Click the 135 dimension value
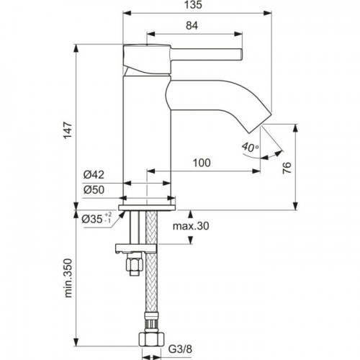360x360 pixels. coord(193,5)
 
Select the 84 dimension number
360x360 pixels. coord(192,25)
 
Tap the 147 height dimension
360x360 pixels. coord(68,130)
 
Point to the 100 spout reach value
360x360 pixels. coord(202,163)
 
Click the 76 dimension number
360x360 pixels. coord(287,168)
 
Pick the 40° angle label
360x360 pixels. coord(250,147)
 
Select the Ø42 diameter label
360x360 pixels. coord(94,175)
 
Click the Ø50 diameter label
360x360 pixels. coord(94,190)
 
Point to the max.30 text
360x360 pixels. coord(191,226)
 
